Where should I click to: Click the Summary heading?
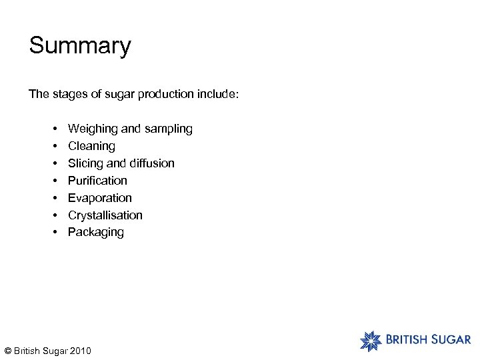coord(80,46)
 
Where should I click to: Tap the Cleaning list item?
coord(91,146)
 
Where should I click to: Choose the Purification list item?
coord(97,181)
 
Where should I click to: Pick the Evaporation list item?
coord(100,198)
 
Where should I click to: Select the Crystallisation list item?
coord(105,215)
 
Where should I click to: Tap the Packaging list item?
coord(96,232)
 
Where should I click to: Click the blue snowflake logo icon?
coord(371,340)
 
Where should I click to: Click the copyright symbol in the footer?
coord(7,351)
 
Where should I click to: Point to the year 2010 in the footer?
coord(80,351)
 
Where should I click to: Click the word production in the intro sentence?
coord(166,94)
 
